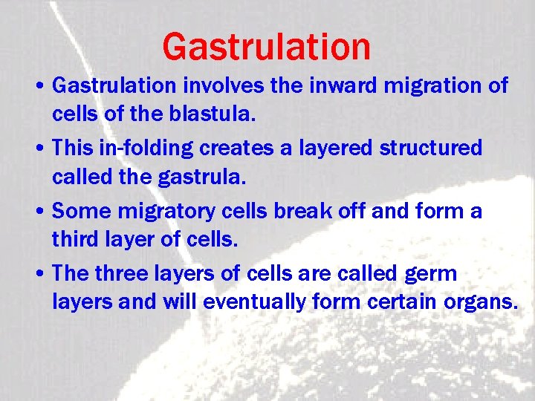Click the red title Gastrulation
(266, 46)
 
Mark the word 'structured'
(431, 148)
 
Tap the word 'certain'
(395, 301)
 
